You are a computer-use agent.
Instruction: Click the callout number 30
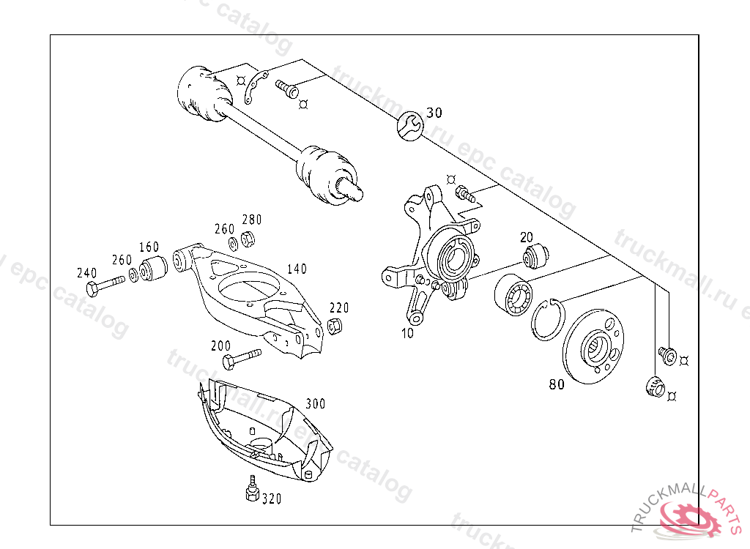click(434, 113)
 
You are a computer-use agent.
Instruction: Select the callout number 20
click(527, 237)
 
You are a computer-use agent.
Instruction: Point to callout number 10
click(407, 333)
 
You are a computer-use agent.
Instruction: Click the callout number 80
click(557, 384)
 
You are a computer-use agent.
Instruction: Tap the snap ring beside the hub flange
click(546, 320)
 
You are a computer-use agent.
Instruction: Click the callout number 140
click(297, 269)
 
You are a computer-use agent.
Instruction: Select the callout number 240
click(86, 273)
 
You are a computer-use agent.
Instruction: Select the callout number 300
click(315, 403)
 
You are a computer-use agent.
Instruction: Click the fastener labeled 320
click(252, 490)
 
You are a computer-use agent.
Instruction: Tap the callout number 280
click(251, 220)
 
